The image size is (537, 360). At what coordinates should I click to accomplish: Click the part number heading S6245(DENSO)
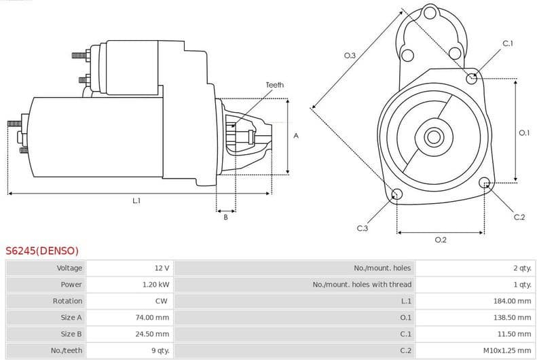point(42,251)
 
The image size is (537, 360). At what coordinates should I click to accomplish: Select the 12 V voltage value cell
point(162,268)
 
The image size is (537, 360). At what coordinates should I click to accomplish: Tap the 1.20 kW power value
point(156,285)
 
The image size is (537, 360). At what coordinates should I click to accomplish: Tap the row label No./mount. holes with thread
point(362,285)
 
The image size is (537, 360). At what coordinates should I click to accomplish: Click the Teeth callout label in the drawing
point(274,85)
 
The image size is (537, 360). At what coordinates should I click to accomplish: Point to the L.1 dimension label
point(136,201)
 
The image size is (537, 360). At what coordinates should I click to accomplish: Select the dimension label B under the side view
point(225,217)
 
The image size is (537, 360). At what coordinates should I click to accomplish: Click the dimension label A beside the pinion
point(296,136)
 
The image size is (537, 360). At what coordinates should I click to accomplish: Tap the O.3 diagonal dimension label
point(350,55)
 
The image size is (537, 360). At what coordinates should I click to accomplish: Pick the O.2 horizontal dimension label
point(440,240)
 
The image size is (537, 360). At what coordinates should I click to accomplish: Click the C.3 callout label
point(362,228)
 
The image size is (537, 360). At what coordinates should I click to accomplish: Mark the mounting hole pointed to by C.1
point(472,79)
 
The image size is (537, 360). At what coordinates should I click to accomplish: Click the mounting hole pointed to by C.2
point(485,183)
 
